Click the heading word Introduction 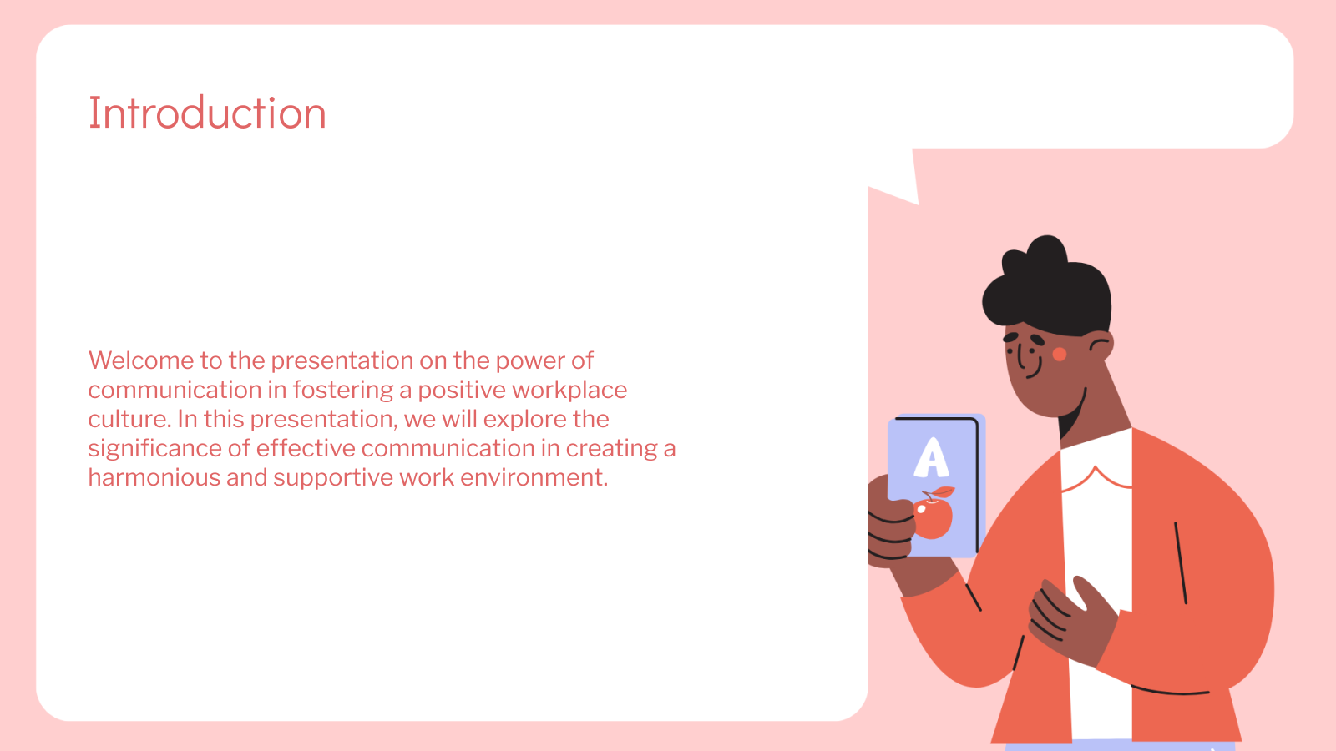click(x=207, y=113)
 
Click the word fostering click(x=343, y=391)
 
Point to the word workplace click(x=569, y=391)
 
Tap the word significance click(x=154, y=449)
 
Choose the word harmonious click(x=154, y=477)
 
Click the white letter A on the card click(x=931, y=457)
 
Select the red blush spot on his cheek click(x=1060, y=355)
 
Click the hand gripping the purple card click(x=890, y=525)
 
